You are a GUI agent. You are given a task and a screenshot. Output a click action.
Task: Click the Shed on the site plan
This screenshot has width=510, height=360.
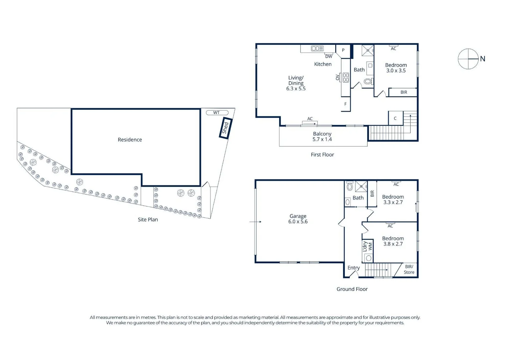point(225,128)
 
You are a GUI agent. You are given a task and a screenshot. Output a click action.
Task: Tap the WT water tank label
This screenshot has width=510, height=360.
point(216,113)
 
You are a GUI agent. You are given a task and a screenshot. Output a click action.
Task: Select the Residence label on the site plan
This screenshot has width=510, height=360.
point(130,139)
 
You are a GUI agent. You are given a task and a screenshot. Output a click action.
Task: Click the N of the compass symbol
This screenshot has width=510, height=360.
point(482,59)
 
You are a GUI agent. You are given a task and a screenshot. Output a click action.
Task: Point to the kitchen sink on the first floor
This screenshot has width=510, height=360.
point(318,48)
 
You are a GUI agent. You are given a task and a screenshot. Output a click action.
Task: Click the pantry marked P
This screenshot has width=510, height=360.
point(343,51)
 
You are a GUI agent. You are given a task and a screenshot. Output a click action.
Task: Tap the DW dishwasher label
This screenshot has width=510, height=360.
point(329,56)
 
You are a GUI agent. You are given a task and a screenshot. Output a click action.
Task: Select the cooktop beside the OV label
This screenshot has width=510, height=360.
point(346,77)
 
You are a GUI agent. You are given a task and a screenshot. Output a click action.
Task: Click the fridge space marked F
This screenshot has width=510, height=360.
point(346,104)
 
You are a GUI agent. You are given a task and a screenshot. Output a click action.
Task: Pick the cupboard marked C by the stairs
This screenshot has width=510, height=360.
point(396,118)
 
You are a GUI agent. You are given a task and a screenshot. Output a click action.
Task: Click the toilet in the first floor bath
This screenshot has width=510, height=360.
point(368,81)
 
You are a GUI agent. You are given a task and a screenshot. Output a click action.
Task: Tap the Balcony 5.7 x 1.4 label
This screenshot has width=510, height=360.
point(322,137)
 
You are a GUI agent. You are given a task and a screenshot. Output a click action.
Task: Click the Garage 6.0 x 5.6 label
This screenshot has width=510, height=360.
point(298,219)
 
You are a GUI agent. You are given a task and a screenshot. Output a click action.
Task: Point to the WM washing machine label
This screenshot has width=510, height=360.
point(370,246)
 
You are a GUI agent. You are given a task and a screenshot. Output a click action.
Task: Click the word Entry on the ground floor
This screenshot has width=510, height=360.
point(354,268)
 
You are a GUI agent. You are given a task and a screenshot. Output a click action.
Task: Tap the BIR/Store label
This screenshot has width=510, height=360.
point(409,269)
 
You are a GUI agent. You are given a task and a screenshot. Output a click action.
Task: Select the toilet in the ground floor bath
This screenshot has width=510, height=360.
point(350,187)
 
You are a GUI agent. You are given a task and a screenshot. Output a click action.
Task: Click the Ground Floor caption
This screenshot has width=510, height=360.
point(352,289)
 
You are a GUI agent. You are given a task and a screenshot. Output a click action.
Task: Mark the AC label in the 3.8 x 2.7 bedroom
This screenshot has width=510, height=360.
point(390,226)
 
